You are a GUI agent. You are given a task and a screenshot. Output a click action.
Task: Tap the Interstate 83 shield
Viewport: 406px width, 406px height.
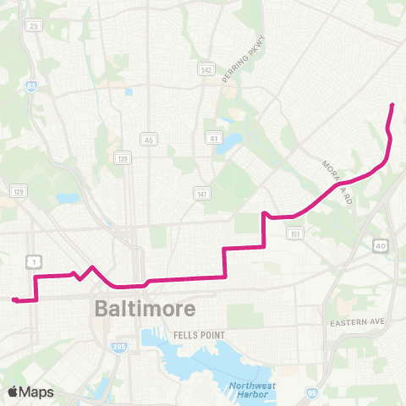30,85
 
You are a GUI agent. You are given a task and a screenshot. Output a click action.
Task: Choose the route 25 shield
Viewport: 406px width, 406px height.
35,26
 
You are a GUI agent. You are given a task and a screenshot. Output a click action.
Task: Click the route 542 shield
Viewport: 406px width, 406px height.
206,69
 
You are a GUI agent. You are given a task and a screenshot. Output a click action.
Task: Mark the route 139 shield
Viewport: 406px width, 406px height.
123,157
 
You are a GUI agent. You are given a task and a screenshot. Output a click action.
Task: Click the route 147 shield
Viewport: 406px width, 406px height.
200,194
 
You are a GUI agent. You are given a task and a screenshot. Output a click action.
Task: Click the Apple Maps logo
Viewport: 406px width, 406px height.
30,392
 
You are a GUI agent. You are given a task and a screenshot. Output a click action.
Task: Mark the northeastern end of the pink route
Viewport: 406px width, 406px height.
392,104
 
